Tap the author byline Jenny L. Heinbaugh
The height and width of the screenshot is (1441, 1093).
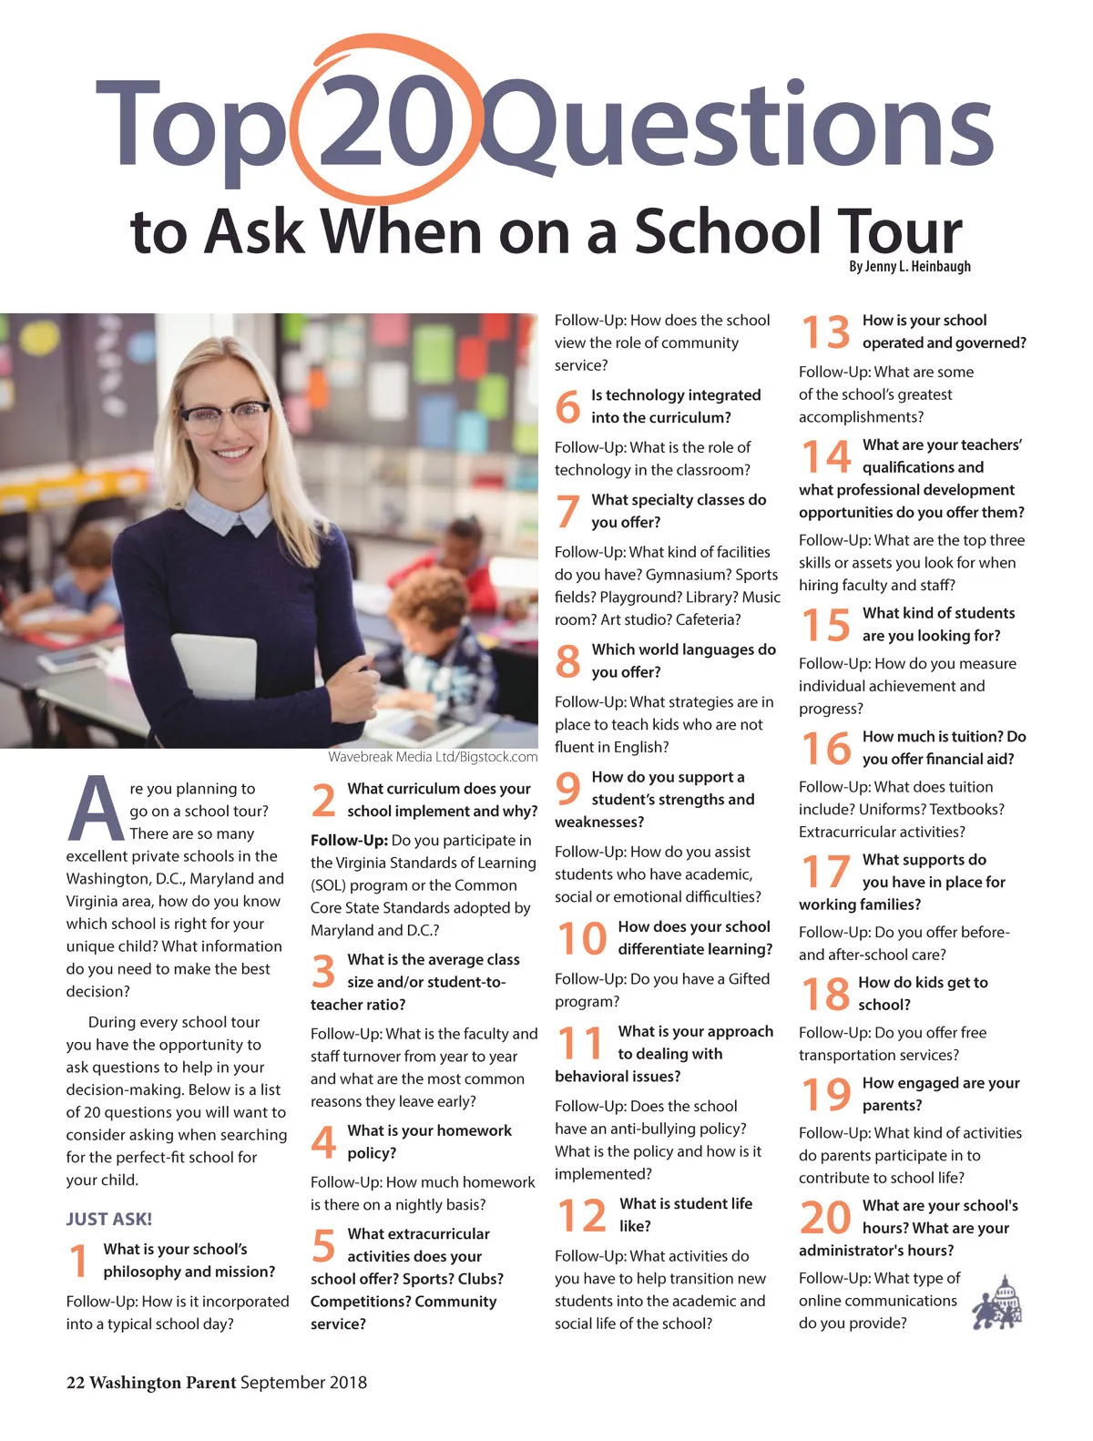pos(910,267)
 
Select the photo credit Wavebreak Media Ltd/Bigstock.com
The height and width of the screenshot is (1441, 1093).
pos(433,757)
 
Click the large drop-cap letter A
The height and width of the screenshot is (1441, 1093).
pos(94,809)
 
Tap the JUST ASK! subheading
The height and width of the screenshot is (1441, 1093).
pos(109,1219)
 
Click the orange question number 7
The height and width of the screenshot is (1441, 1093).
pos(567,511)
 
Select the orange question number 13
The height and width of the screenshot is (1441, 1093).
pos(825,332)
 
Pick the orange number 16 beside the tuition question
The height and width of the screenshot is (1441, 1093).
pos(825,749)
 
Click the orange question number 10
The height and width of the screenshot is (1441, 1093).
pos(581,939)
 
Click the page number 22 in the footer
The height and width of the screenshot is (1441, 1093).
pos(75,1383)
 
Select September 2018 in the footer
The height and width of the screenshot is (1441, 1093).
pos(303,1383)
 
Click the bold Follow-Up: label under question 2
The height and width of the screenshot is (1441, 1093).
pos(349,841)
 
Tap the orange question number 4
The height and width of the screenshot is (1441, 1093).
pos(323,1142)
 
